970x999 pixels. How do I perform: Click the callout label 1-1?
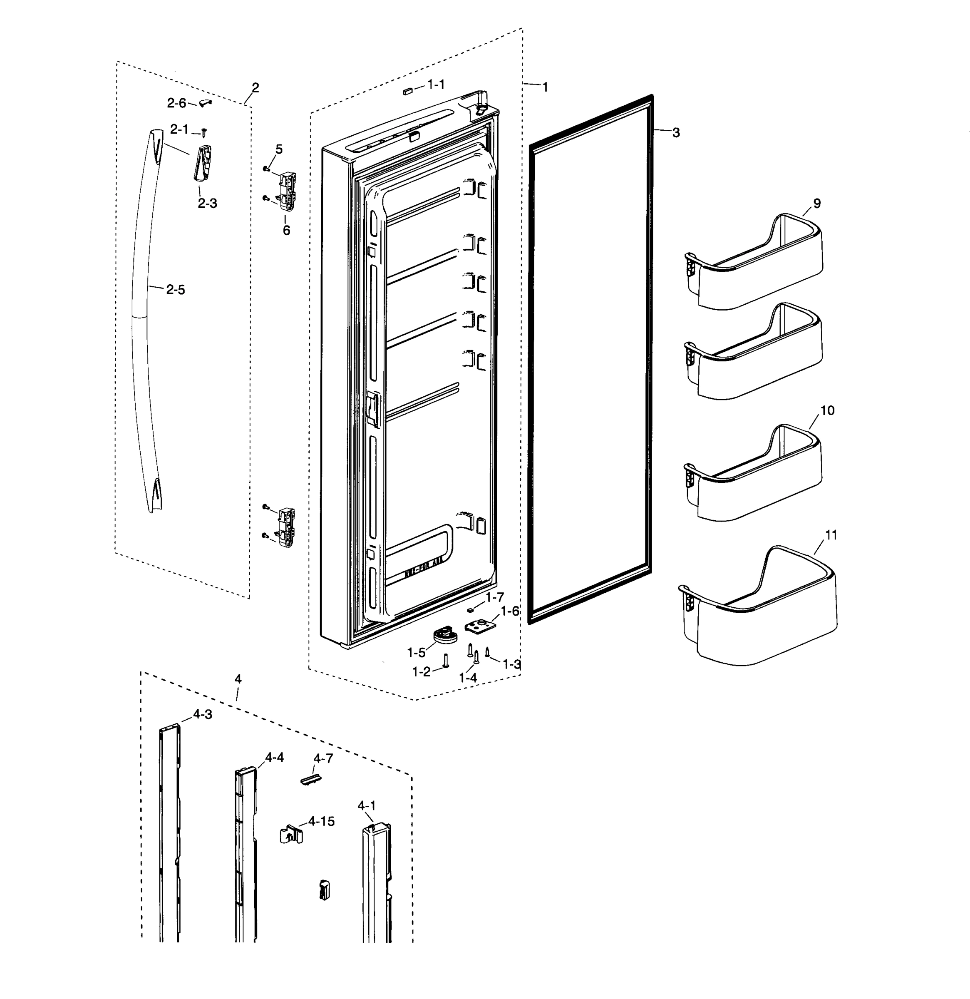point(436,84)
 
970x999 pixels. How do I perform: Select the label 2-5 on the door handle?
point(175,290)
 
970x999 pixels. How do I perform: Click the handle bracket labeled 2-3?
point(202,163)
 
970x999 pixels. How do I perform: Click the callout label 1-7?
point(495,597)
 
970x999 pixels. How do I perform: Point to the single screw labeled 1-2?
point(446,661)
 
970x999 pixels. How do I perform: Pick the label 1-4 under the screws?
point(468,678)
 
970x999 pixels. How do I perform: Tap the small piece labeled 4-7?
point(311,781)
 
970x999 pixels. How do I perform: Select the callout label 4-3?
point(202,715)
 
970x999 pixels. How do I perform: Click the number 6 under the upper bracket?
point(286,230)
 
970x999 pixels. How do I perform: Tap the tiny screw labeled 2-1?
point(204,132)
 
